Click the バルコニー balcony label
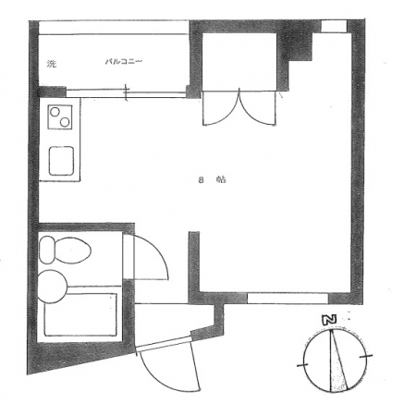[124, 62]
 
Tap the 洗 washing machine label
[52, 64]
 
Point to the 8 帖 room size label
[212, 179]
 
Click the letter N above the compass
[329, 320]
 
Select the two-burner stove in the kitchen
[60, 116]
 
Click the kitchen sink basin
[61, 161]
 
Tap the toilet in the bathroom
[65, 250]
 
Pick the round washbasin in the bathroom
[52, 287]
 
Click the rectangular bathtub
[80, 314]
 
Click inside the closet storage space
[239, 61]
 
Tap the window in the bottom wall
[288, 299]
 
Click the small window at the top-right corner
[334, 26]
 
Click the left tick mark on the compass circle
[302, 365]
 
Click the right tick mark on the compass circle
[366, 357]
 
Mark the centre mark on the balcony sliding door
[127, 92]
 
